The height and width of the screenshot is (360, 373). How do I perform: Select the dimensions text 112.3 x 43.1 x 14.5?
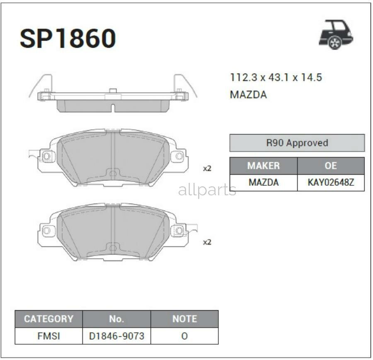tap(276, 78)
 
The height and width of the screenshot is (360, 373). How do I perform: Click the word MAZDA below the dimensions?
tap(248, 95)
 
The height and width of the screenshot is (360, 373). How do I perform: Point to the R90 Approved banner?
tap(297, 143)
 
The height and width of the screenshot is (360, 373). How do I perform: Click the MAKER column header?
tap(263, 166)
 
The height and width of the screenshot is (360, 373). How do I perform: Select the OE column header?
tap(331, 166)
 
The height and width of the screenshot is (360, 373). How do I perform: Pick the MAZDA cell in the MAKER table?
tap(263, 182)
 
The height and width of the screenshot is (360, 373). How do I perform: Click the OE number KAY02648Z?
tap(331, 182)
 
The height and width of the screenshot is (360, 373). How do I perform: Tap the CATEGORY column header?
tap(48, 319)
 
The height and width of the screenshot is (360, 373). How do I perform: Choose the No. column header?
tap(116, 319)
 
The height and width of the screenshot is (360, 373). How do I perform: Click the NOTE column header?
tap(184, 319)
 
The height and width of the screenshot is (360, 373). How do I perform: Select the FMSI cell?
tap(48, 336)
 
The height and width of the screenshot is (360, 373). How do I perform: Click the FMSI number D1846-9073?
tap(116, 336)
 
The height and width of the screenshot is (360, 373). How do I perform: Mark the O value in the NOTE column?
tap(184, 336)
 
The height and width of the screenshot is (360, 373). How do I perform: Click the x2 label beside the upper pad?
tap(207, 168)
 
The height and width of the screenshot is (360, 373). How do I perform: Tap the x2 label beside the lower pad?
tap(207, 242)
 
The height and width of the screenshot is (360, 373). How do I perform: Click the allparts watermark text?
tap(207, 190)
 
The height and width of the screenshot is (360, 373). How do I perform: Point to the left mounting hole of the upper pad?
tap(46, 156)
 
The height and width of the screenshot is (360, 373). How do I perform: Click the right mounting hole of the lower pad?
tap(179, 230)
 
